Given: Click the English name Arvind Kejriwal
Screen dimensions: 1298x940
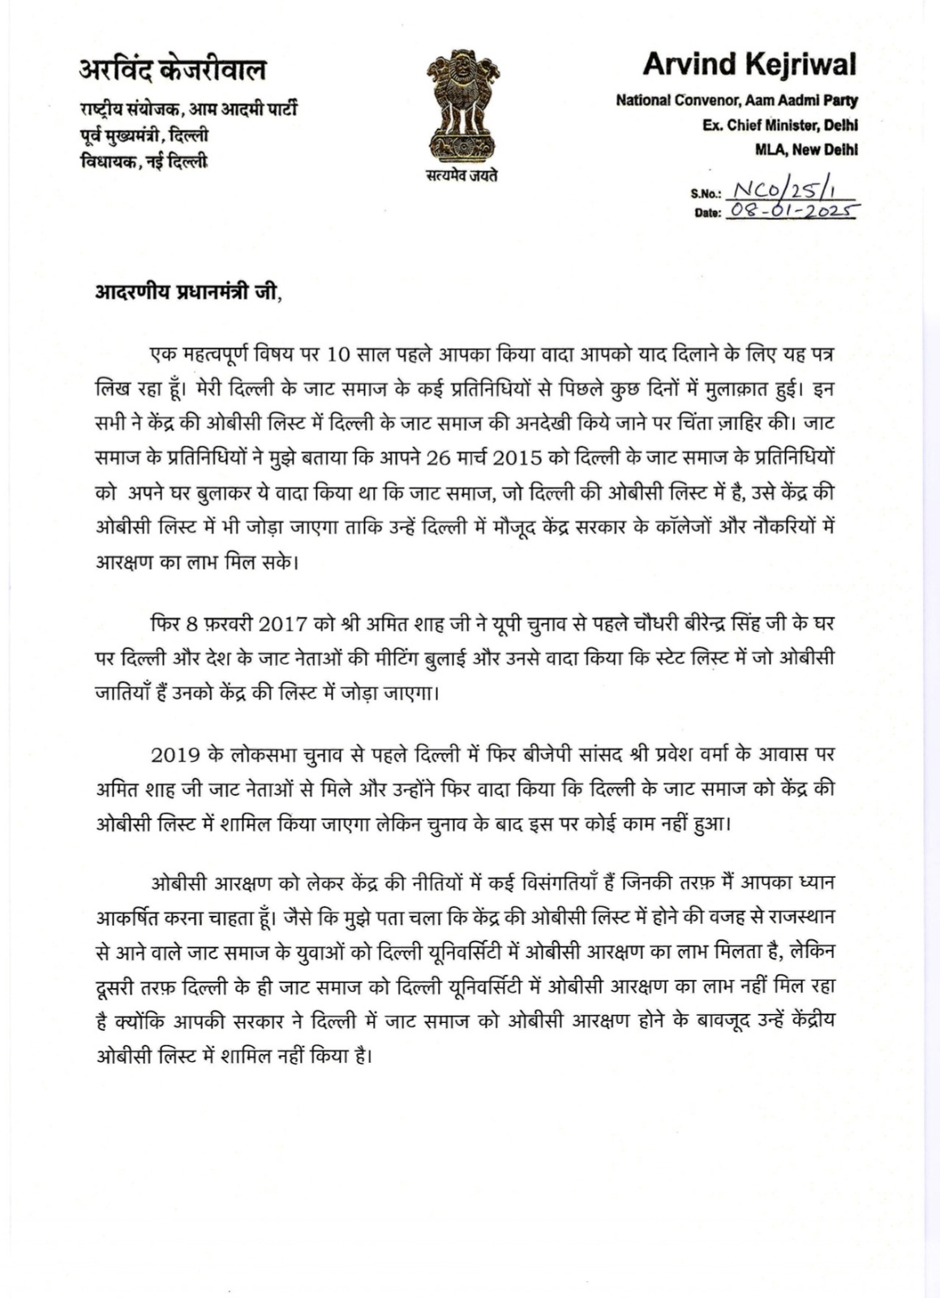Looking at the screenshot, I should point(749,64).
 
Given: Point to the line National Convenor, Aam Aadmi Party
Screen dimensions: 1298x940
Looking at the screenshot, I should point(736,101).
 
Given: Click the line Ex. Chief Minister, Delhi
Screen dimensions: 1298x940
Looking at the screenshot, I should point(779,125).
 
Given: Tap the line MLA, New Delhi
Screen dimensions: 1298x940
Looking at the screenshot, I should point(806,149).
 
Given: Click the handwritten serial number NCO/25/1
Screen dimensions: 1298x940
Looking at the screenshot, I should point(783,191).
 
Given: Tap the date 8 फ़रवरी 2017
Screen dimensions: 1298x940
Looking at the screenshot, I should point(226,625).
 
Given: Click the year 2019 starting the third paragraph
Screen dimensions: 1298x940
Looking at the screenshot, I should point(175,754).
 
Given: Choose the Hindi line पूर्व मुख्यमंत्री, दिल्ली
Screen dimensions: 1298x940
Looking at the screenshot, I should point(143,135).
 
